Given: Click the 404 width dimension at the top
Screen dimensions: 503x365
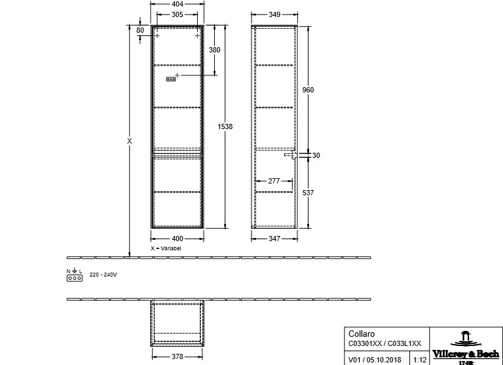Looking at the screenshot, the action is tap(177, 4).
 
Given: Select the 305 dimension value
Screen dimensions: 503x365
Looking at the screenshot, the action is tap(177, 14).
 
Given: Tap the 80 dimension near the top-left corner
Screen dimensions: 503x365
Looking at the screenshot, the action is tap(140, 30).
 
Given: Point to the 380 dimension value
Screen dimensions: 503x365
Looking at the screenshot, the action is tap(215, 50).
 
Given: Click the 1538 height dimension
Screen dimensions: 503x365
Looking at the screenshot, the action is tap(225, 126).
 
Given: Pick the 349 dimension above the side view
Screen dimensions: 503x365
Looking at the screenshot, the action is tap(274, 14).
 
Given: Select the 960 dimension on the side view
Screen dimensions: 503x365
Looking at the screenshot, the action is tap(308, 90).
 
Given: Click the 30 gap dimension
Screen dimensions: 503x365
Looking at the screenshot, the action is tap(316, 155).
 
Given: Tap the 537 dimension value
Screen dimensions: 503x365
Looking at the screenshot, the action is tap(308, 193).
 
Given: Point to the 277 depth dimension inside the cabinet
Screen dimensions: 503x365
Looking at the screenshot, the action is tap(274, 181).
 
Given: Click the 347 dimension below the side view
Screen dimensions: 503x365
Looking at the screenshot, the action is tap(274, 239).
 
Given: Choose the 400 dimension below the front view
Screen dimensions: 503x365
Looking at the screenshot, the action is tap(177, 239).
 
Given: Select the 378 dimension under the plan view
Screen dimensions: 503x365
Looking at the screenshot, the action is tap(177, 356).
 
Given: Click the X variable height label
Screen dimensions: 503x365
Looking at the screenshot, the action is tap(129, 141).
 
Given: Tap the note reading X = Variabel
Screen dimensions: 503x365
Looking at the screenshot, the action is tap(166, 248).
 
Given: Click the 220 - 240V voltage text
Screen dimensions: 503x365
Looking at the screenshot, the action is tap(103, 275).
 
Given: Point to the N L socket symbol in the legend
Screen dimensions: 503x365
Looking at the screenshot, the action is tap(75, 275).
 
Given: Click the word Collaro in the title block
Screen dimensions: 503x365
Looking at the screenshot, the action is tap(362, 334).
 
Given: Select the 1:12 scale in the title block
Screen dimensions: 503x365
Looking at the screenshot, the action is tap(420, 360).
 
